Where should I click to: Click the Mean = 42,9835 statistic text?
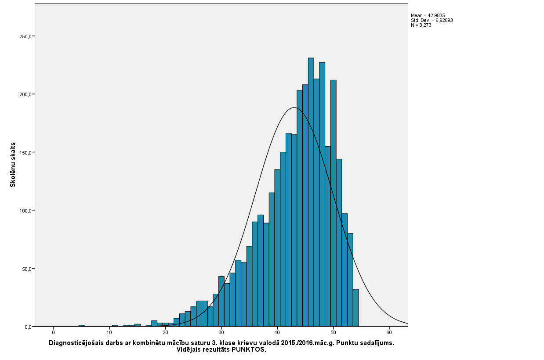point(428,15)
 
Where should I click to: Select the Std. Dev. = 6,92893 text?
point(432,20)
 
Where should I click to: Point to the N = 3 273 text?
point(421,25)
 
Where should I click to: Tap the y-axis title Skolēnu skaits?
point(13,165)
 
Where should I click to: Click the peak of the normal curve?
point(294,108)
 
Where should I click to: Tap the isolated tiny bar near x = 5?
point(81,326)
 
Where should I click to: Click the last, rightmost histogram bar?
point(355,308)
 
